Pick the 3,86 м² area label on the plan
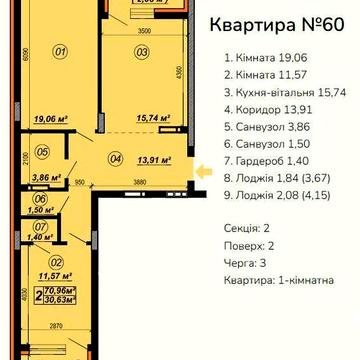pos(15,173)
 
